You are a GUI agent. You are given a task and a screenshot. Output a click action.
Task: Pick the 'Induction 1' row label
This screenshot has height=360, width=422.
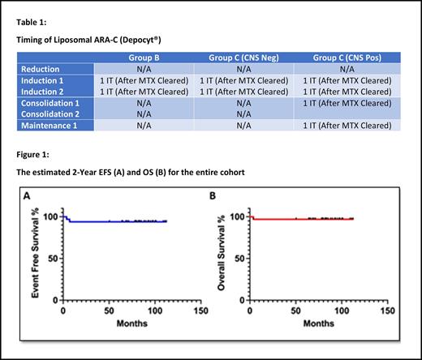tap(45, 81)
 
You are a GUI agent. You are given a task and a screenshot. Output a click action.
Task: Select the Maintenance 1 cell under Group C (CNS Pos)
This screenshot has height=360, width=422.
tap(341, 126)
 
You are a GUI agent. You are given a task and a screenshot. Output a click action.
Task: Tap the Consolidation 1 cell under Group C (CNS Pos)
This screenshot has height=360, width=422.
tap(341, 103)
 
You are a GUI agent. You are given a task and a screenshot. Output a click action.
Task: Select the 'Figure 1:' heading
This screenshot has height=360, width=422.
tap(37, 152)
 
